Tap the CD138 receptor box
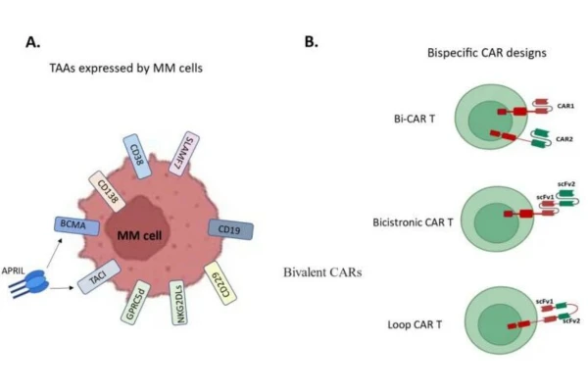[107, 189]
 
